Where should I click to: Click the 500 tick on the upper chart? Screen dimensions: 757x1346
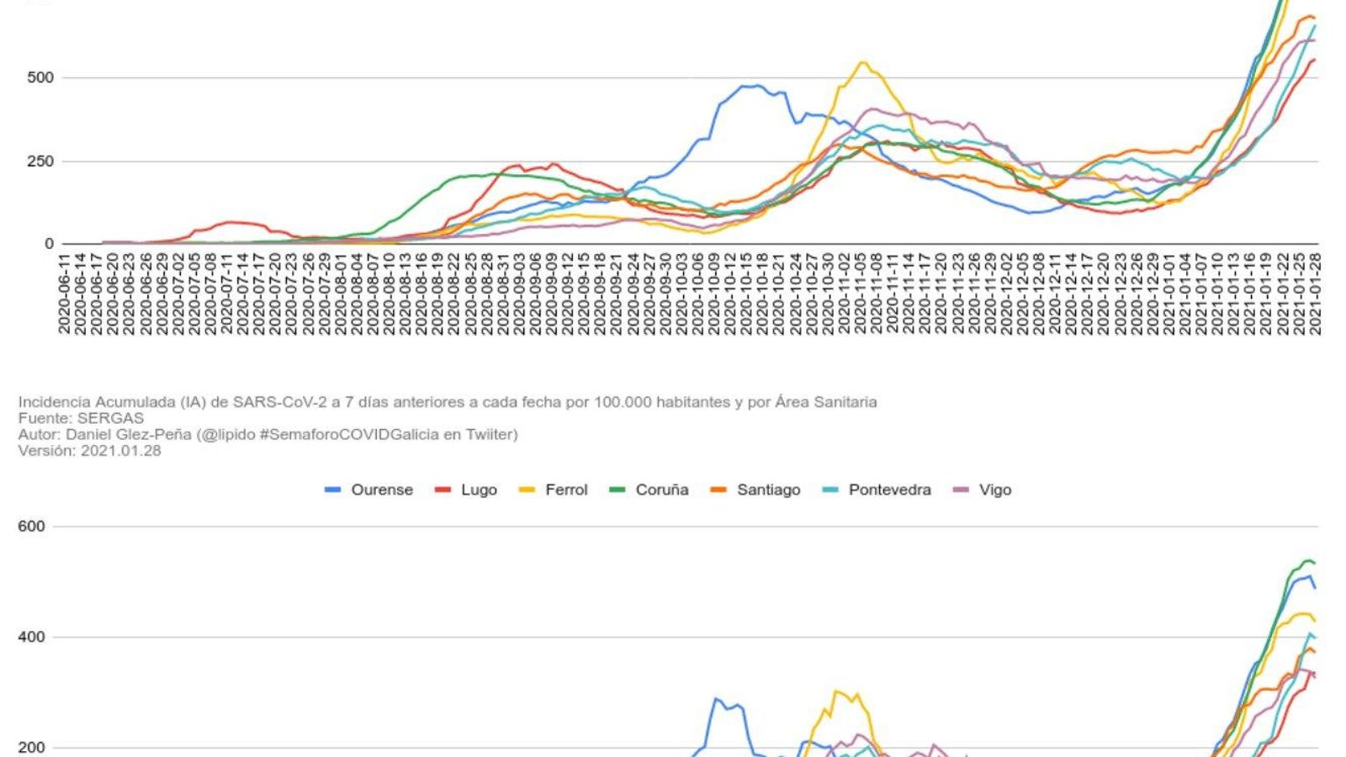[40, 77]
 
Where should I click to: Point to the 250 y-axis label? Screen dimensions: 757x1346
[40, 161]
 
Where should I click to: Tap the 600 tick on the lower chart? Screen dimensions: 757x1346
[31, 527]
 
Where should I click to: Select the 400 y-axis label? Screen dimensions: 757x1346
[31, 637]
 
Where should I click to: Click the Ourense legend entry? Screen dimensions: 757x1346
[381, 490]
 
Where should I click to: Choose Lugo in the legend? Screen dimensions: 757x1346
[478, 490]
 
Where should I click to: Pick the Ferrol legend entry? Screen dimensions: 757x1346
[565, 490]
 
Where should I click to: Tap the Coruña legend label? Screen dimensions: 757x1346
[661, 490]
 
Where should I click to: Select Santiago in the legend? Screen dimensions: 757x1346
[768, 490]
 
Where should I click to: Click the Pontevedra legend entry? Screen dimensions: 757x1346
[889, 490]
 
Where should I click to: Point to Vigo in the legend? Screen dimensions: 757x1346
[994, 490]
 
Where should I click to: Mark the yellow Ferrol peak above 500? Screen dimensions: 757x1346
[862, 62]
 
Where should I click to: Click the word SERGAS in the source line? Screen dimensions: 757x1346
[110, 418]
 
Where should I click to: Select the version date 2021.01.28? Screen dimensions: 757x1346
[120, 450]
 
